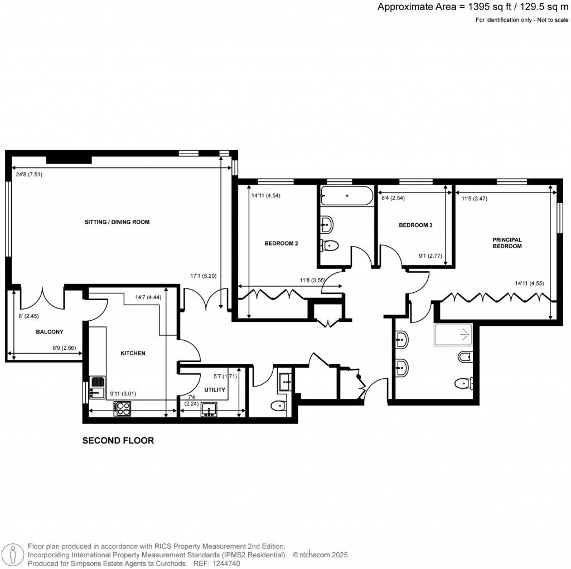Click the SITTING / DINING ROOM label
pyautogui.click(x=117, y=222)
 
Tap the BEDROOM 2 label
pyautogui.click(x=281, y=243)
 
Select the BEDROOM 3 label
pyautogui.click(x=415, y=225)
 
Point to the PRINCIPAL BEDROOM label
pyautogui.click(x=507, y=243)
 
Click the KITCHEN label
pyautogui.click(x=133, y=353)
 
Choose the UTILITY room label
pyautogui.click(x=214, y=390)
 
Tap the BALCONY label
pyautogui.click(x=50, y=332)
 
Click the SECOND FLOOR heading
pyautogui.click(x=118, y=441)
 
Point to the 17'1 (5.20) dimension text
pyautogui.click(x=204, y=275)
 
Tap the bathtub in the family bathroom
pyautogui.click(x=347, y=196)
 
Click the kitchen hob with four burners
pyautogui.click(x=122, y=409)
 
